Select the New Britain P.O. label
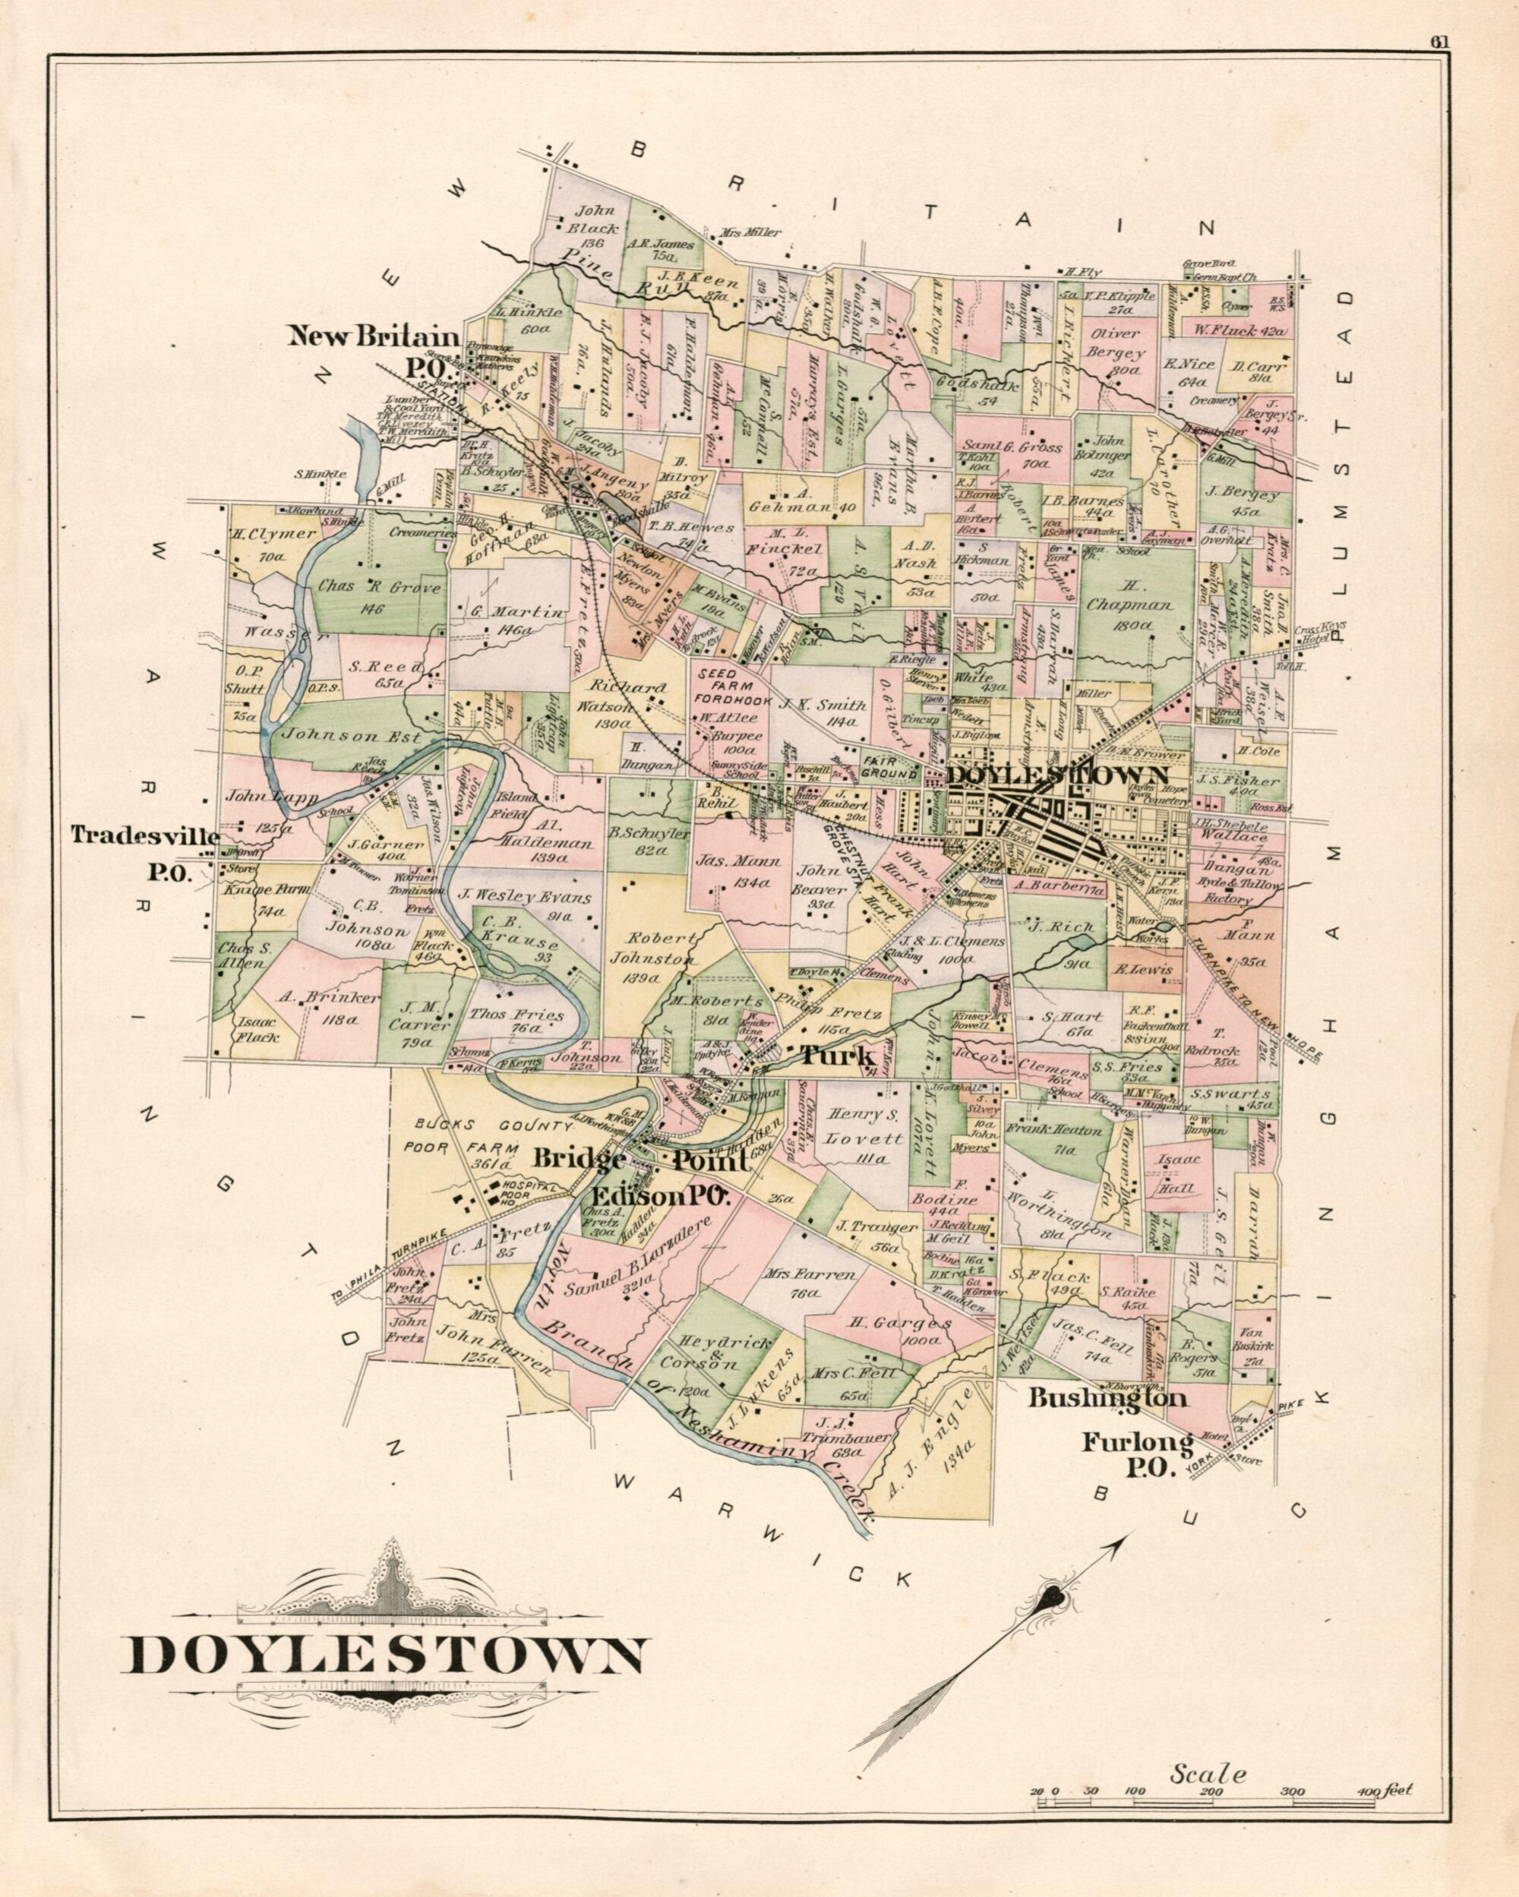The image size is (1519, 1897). (x=374, y=349)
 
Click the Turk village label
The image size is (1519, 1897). (x=836, y=1056)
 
